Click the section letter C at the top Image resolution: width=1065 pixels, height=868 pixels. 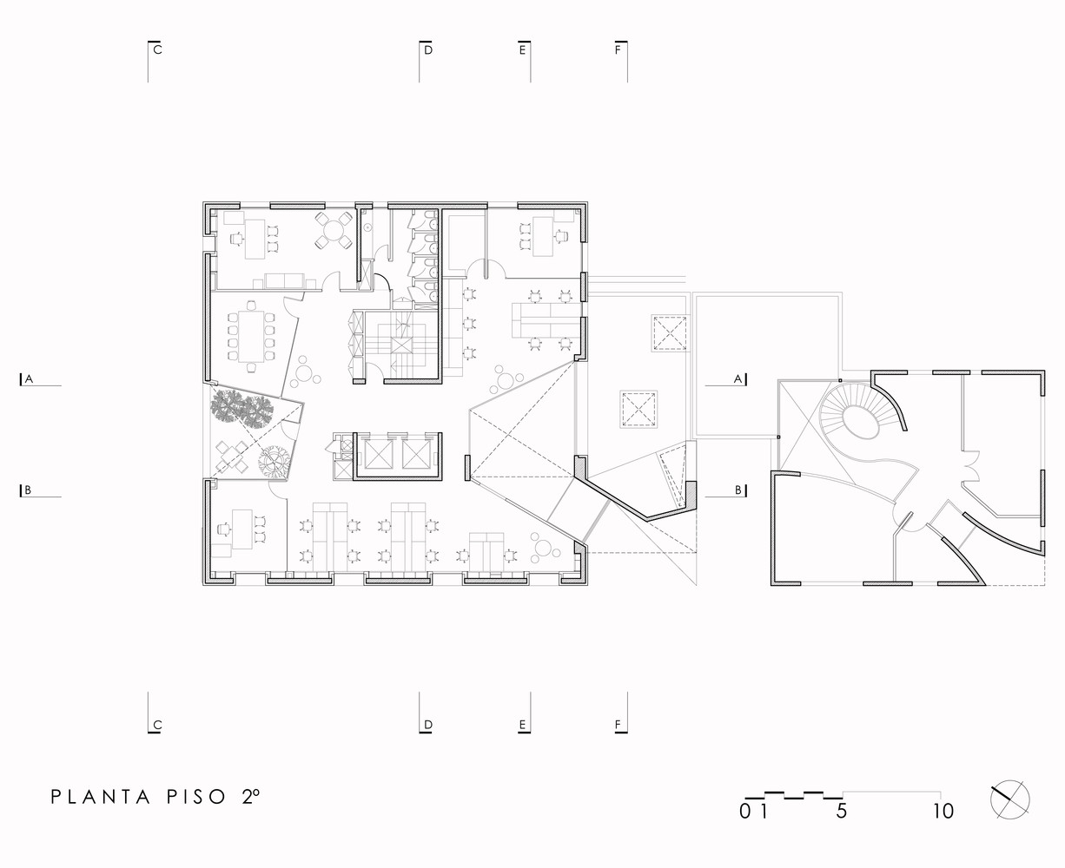[158, 50]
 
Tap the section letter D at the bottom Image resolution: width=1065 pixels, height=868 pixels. [428, 725]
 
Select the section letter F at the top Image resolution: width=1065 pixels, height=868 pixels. [618, 50]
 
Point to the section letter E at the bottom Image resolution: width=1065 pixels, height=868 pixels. [522, 725]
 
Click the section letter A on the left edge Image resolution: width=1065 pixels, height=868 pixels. [29, 379]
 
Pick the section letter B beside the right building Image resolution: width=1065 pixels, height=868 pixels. [738, 490]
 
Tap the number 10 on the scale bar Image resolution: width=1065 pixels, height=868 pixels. [943, 812]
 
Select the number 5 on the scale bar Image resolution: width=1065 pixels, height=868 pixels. [841, 812]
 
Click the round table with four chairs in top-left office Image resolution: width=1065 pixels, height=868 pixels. [332, 229]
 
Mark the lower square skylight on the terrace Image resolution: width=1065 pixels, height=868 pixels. [638, 410]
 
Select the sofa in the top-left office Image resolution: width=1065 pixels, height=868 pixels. [283, 279]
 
